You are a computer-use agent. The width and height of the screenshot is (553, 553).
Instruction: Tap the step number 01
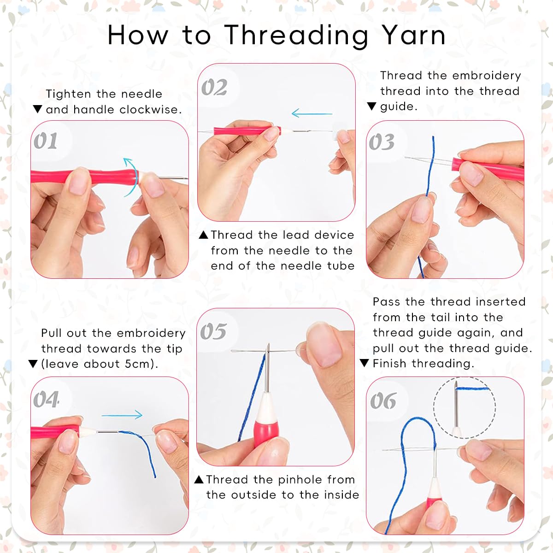[45, 141]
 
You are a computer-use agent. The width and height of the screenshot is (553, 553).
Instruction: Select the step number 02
[214, 87]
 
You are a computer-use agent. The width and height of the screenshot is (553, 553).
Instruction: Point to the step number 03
[382, 142]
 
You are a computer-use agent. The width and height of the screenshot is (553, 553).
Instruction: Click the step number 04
[46, 399]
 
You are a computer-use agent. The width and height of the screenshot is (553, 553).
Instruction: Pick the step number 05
[213, 331]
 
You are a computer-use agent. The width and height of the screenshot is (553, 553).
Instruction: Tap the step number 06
[383, 400]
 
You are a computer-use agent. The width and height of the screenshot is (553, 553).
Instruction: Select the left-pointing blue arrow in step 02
[312, 113]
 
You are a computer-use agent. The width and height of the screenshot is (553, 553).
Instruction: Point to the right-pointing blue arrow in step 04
[122, 415]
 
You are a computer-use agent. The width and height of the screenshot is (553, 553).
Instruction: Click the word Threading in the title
[296, 36]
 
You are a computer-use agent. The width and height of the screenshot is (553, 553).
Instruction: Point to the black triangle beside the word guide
[371, 106]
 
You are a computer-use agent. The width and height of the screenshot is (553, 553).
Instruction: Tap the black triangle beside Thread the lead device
[204, 235]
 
